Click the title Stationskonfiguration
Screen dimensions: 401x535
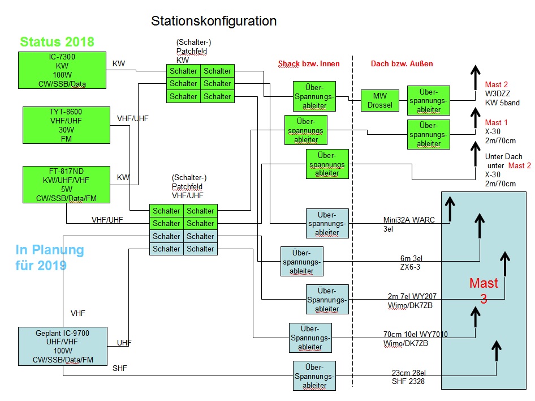[214, 22]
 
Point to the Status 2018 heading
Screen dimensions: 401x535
[57, 42]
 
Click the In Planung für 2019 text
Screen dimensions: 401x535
[50, 257]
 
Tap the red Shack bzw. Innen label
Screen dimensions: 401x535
[309, 64]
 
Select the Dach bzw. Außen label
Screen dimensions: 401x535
[402, 64]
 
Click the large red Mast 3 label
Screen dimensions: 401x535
[484, 291]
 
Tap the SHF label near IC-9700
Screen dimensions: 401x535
[120, 369]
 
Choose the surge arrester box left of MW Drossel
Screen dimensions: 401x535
[314, 96]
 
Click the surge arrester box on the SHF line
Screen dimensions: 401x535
[314, 376]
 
